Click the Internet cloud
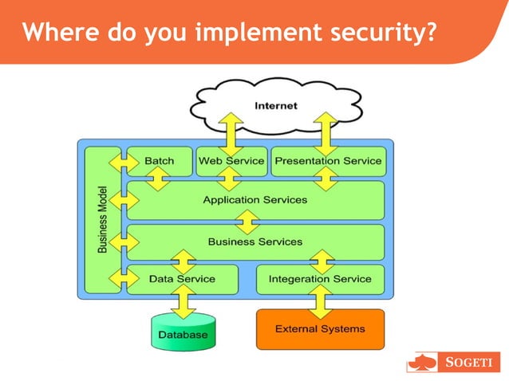pos(275,104)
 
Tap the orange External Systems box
pos(320,328)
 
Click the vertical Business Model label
pos(103,220)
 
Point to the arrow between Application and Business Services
pos(251,221)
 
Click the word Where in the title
pos(56,33)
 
